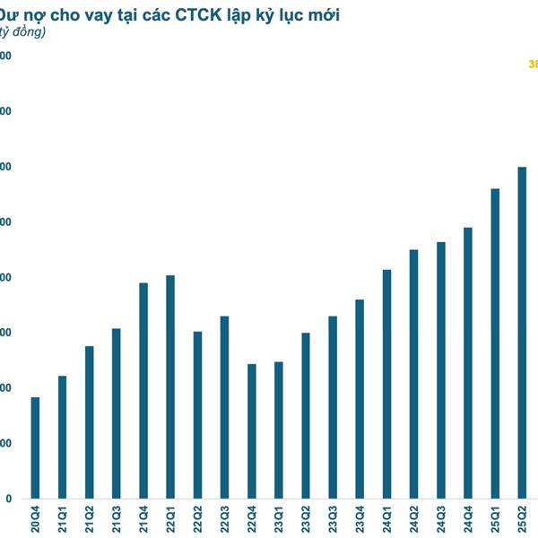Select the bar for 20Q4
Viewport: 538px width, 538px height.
pyautogui.click(x=35, y=447)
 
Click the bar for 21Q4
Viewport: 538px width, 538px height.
pyautogui.click(x=143, y=390)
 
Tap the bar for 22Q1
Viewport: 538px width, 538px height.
pyautogui.click(x=170, y=386)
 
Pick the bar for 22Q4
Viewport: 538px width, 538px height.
pyautogui.click(x=252, y=430)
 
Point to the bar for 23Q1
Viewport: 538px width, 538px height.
pyautogui.click(x=279, y=430)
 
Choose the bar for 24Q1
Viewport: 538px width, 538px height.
pyautogui.click(x=386, y=384)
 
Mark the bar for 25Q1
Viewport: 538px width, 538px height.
pyautogui.click(x=495, y=343)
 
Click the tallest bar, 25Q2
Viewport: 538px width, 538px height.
pyautogui.click(x=522, y=333)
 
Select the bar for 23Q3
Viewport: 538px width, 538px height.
pyautogui.click(x=333, y=407)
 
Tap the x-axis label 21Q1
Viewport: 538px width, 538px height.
pyautogui.click(x=63, y=519)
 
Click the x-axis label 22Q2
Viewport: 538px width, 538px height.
pyautogui.click(x=198, y=519)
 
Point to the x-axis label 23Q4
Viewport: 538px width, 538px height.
pyautogui.click(x=360, y=519)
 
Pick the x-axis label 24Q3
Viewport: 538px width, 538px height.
pyautogui.click(x=441, y=519)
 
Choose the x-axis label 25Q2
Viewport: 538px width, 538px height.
pyautogui.click(x=523, y=519)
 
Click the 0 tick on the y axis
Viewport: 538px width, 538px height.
pyautogui.click(x=8, y=499)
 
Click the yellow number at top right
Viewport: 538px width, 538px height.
pyautogui.click(x=533, y=64)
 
